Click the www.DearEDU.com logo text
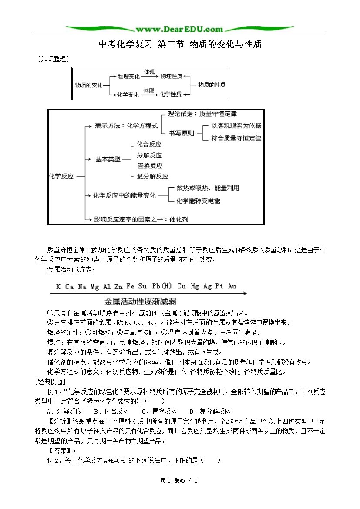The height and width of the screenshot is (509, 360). coord(179,29)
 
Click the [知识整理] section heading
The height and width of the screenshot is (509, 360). coord(54,58)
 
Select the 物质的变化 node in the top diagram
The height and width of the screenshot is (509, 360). coord(89,85)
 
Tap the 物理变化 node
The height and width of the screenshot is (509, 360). coord(128,76)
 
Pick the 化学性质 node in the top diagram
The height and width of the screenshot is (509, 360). coord(171,94)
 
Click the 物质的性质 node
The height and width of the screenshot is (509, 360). coord(212,85)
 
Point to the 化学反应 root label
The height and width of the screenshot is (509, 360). coord(61,176)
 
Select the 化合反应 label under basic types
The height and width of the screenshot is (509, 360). coord(149,144)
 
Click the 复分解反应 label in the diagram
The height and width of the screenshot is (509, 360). coord(152,176)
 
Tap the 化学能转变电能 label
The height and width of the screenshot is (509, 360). coord(198,201)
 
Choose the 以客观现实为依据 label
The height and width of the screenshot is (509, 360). coord(236,126)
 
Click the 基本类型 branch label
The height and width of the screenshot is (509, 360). coord(108,159)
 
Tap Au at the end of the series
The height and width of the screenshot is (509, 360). coord(232,286)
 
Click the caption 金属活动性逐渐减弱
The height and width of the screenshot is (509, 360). coord(140,301)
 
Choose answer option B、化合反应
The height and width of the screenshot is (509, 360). coord(111,411)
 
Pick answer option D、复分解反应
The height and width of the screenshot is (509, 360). coord(210,411)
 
